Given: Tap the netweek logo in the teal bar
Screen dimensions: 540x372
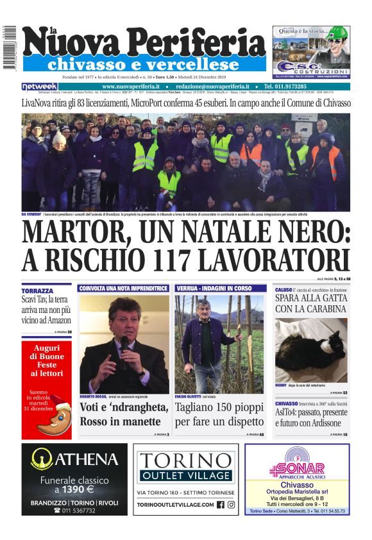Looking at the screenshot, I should click(x=40, y=86).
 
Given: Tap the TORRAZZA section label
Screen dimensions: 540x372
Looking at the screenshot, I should click(x=37, y=291).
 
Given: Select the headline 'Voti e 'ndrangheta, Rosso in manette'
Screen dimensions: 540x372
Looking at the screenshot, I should click(x=123, y=414).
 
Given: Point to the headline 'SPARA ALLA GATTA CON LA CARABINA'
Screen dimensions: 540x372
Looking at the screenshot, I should click(x=310, y=303).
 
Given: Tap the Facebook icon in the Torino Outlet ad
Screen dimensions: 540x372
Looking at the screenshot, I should click(x=220, y=505).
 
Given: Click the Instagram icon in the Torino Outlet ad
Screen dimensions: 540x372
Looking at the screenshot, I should click(x=231, y=505).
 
